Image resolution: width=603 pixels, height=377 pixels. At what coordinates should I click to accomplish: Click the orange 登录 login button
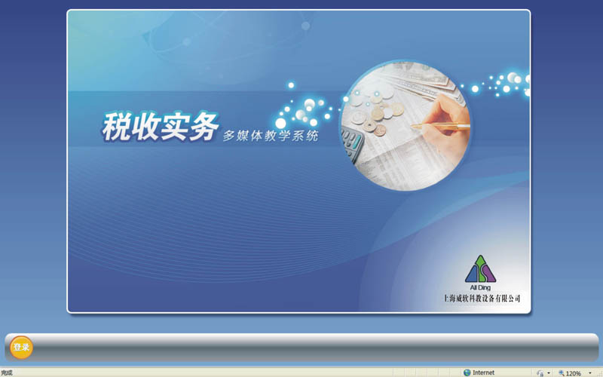21,347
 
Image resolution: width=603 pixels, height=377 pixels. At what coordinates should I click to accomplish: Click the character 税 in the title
116,127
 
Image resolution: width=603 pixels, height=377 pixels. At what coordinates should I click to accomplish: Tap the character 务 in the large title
204,126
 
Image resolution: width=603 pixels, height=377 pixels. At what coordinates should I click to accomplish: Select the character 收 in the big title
145,126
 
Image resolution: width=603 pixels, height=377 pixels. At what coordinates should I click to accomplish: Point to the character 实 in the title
175,126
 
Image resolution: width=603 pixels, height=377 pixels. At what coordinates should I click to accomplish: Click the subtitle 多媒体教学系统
271,136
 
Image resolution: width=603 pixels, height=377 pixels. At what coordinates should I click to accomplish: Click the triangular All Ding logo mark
480,269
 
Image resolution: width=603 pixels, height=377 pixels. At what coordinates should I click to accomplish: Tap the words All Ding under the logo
480,287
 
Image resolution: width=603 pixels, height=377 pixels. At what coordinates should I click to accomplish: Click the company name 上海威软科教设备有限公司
482,298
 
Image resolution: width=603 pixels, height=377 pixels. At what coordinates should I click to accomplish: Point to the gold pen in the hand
440,125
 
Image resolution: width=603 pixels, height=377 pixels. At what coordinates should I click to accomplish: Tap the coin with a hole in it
370,125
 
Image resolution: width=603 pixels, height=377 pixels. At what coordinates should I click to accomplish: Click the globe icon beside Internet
467,372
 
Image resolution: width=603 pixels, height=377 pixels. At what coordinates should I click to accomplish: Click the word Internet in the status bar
483,372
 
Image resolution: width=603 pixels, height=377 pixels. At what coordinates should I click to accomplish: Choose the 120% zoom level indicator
570,372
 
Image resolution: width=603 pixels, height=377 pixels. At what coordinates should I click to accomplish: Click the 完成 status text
7,372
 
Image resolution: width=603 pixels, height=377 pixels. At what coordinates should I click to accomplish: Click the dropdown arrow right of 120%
590,372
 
